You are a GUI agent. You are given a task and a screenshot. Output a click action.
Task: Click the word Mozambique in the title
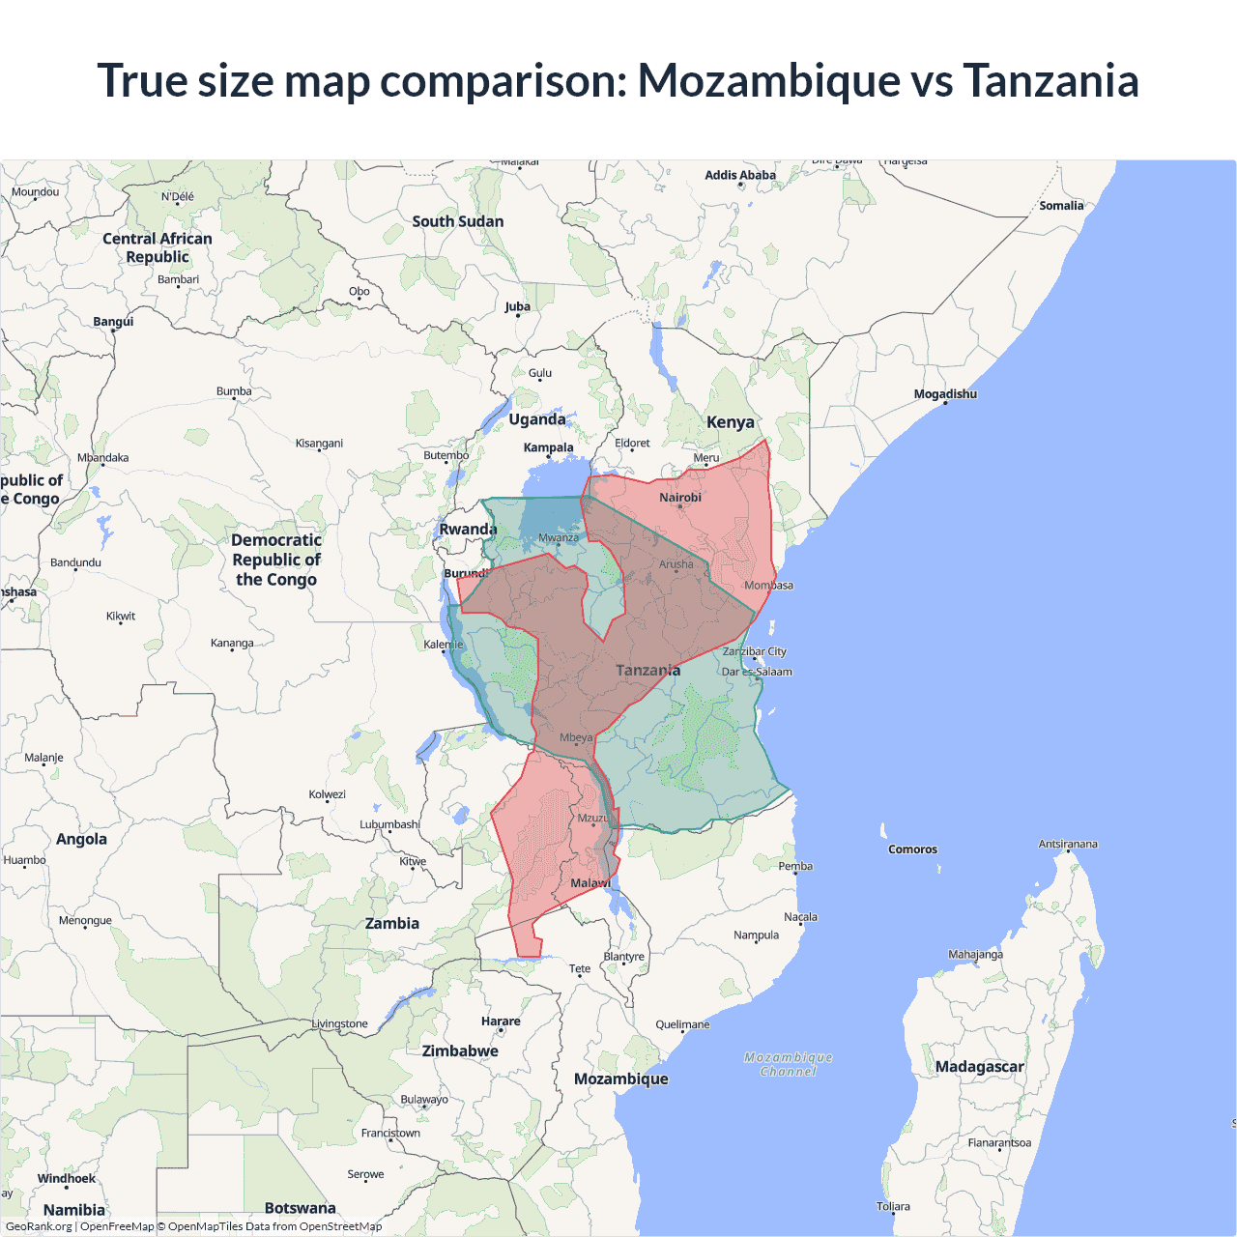(768, 80)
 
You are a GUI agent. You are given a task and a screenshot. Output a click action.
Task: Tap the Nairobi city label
(680, 498)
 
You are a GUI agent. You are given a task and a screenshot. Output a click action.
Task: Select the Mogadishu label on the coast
(945, 394)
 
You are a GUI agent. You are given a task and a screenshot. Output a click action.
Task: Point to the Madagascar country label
(979, 1067)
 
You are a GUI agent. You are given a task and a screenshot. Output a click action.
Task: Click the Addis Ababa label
(740, 175)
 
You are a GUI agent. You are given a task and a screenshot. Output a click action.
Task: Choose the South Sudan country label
(458, 221)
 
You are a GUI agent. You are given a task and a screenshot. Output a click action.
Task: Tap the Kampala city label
(548, 447)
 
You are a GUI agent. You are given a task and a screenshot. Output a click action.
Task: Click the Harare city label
(501, 1021)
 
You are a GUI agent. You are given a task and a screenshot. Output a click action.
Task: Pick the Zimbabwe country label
(460, 1051)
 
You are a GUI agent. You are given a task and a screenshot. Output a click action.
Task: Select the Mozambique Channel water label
(789, 1064)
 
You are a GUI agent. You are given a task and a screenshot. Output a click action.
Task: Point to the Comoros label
(912, 849)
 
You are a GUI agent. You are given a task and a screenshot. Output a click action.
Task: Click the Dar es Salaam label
(757, 672)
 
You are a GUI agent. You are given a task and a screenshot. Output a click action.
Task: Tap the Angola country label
(81, 839)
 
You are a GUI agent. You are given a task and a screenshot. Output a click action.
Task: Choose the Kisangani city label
(319, 444)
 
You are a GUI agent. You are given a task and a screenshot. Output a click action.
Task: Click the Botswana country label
(300, 1208)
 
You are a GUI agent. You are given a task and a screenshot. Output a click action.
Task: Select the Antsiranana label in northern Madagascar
(1068, 844)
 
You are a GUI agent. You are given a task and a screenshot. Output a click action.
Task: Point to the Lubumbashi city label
(389, 824)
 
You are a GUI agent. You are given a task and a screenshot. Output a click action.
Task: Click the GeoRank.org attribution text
(39, 1226)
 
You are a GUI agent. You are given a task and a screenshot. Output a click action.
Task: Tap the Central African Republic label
(158, 247)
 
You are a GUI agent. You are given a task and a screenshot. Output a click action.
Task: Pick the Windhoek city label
(67, 1178)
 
